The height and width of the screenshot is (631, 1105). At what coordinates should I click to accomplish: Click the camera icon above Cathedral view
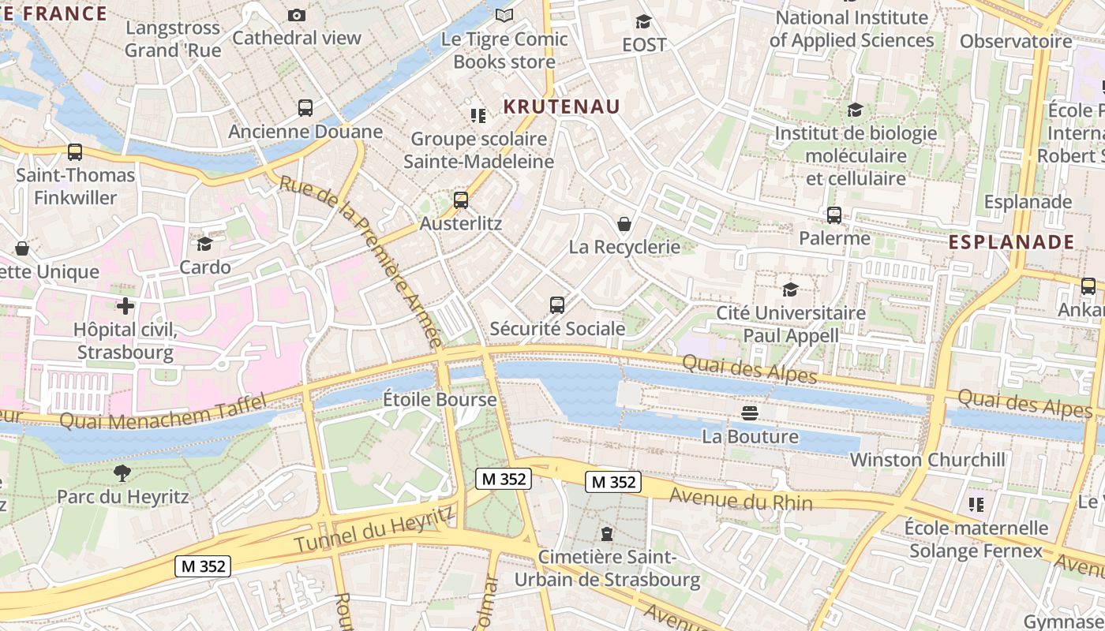(297, 15)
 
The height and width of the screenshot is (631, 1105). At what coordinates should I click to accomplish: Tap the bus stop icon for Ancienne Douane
(305, 108)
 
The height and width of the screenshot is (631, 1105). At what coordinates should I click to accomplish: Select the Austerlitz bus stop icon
(461, 200)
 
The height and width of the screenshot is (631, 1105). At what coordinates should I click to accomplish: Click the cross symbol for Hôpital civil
(125, 305)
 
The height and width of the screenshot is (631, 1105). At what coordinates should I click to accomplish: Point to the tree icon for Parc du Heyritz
(122, 473)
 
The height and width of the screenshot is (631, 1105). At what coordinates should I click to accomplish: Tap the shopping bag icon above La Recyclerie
(624, 224)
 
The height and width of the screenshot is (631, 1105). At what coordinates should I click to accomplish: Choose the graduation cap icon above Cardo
(205, 244)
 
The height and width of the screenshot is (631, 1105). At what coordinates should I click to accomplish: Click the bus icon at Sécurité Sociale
(557, 305)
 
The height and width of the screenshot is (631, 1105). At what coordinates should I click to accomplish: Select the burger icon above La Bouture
(750, 413)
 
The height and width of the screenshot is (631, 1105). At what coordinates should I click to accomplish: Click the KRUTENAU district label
(562, 106)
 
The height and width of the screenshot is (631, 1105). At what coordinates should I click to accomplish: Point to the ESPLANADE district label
(1011, 242)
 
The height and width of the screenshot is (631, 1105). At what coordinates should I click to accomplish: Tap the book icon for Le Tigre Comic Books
(504, 15)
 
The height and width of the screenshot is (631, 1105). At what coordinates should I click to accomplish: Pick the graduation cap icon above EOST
(644, 21)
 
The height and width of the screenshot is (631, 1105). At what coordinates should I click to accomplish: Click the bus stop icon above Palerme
(834, 215)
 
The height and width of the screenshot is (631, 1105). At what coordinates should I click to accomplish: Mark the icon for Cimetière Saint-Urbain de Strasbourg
(607, 534)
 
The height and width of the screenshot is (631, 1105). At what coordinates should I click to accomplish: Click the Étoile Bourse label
(440, 399)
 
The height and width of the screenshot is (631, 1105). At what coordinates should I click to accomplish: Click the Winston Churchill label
(927, 459)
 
